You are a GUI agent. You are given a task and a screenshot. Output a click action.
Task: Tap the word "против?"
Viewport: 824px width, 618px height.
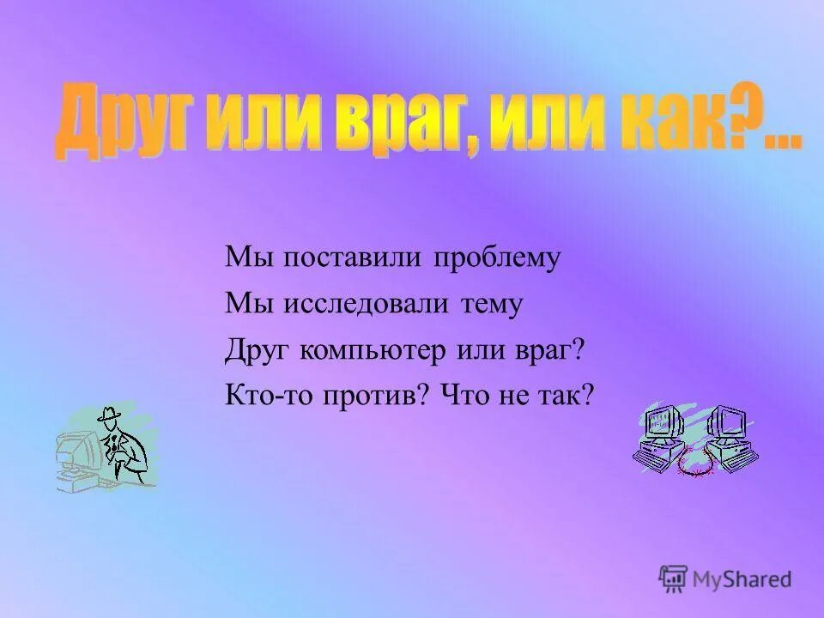tap(379, 397)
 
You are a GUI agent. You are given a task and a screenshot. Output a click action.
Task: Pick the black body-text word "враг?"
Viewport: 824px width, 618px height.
tap(545, 351)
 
